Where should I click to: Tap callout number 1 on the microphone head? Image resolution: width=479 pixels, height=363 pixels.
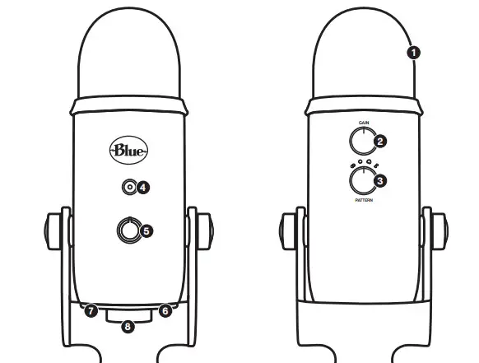[x=413, y=52]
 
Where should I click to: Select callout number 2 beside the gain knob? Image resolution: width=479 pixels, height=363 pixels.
[x=379, y=142]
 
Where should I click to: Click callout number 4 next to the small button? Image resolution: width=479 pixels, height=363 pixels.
[x=143, y=187]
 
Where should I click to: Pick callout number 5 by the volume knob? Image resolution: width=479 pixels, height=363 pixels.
[x=146, y=231]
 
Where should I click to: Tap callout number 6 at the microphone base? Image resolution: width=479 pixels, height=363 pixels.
[x=165, y=311]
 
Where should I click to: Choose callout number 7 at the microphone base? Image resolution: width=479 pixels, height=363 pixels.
[x=91, y=311]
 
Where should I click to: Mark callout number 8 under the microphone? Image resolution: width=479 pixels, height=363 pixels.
[x=128, y=328]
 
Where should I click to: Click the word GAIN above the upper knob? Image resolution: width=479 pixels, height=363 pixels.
[x=363, y=123]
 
